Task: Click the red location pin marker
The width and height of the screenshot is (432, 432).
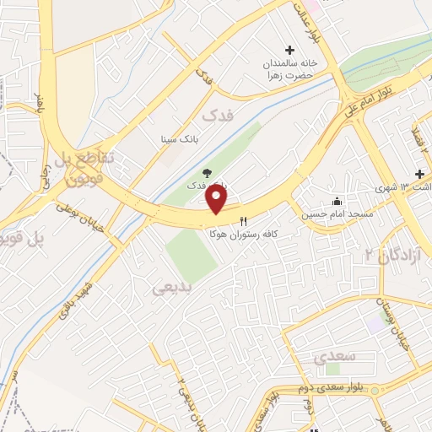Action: pyautogui.click(x=218, y=199)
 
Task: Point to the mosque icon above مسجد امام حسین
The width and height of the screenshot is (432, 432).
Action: pyautogui.click(x=337, y=201)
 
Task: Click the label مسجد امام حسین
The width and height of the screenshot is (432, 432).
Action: pyautogui.click(x=325, y=213)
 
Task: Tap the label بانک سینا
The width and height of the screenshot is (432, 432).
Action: pyautogui.click(x=180, y=138)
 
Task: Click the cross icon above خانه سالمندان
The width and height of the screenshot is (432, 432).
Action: pyautogui.click(x=291, y=50)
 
